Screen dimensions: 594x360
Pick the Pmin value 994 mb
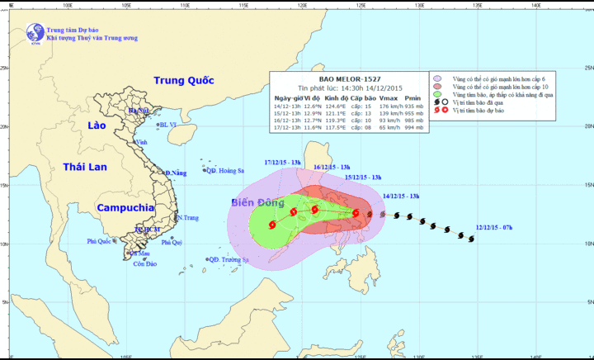point(414,128)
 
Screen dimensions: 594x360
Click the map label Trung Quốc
point(183,80)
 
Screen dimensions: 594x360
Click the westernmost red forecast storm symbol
point(273,224)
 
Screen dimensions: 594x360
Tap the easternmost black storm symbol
point(470,239)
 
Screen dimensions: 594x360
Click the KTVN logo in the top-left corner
point(35,33)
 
